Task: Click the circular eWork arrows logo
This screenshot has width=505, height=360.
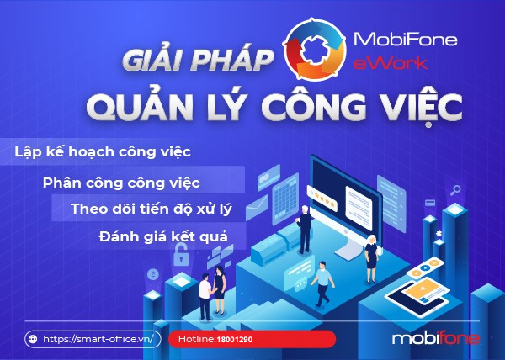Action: pyautogui.click(x=314, y=50)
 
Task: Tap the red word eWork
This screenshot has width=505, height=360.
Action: pyautogui.click(x=391, y=63)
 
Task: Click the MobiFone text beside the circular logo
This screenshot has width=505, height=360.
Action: pyautogui.click(x=405, y=40)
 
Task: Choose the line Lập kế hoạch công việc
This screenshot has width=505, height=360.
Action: pyautogui.click(x=103, y=152)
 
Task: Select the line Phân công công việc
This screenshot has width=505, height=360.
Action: pyautogui.click(x=121, y=183)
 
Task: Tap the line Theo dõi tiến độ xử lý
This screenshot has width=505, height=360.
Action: pyautogui.click(x=151, y=209)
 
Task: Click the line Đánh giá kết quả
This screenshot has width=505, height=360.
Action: pyautogui.click(x=163, y=237)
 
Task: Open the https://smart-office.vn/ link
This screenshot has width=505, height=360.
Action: pyautogui.click(x=98, y=339)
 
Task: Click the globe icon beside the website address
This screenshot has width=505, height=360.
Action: pyautogui.click(x=33, y=339)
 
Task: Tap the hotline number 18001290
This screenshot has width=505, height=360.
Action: pyautogui.click(x=235, y=340)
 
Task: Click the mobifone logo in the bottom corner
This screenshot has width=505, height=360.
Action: pyautogui.click(x=436, y=339)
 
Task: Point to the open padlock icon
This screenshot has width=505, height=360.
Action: pyautogui.click(x=181, y=254)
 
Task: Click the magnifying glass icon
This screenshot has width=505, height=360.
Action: pyautogui.click(x=455, y=190)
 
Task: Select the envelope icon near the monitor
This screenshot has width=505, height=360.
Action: pyautogui.click(x=257, y=208)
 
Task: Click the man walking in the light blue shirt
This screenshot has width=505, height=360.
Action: pyautogui.click(x=322, y=283)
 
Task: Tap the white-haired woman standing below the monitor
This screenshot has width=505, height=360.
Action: pyautogui.click(x=371, y=259)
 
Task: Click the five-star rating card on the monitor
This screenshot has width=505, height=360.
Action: pyautogui.click(x=322, y=199)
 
